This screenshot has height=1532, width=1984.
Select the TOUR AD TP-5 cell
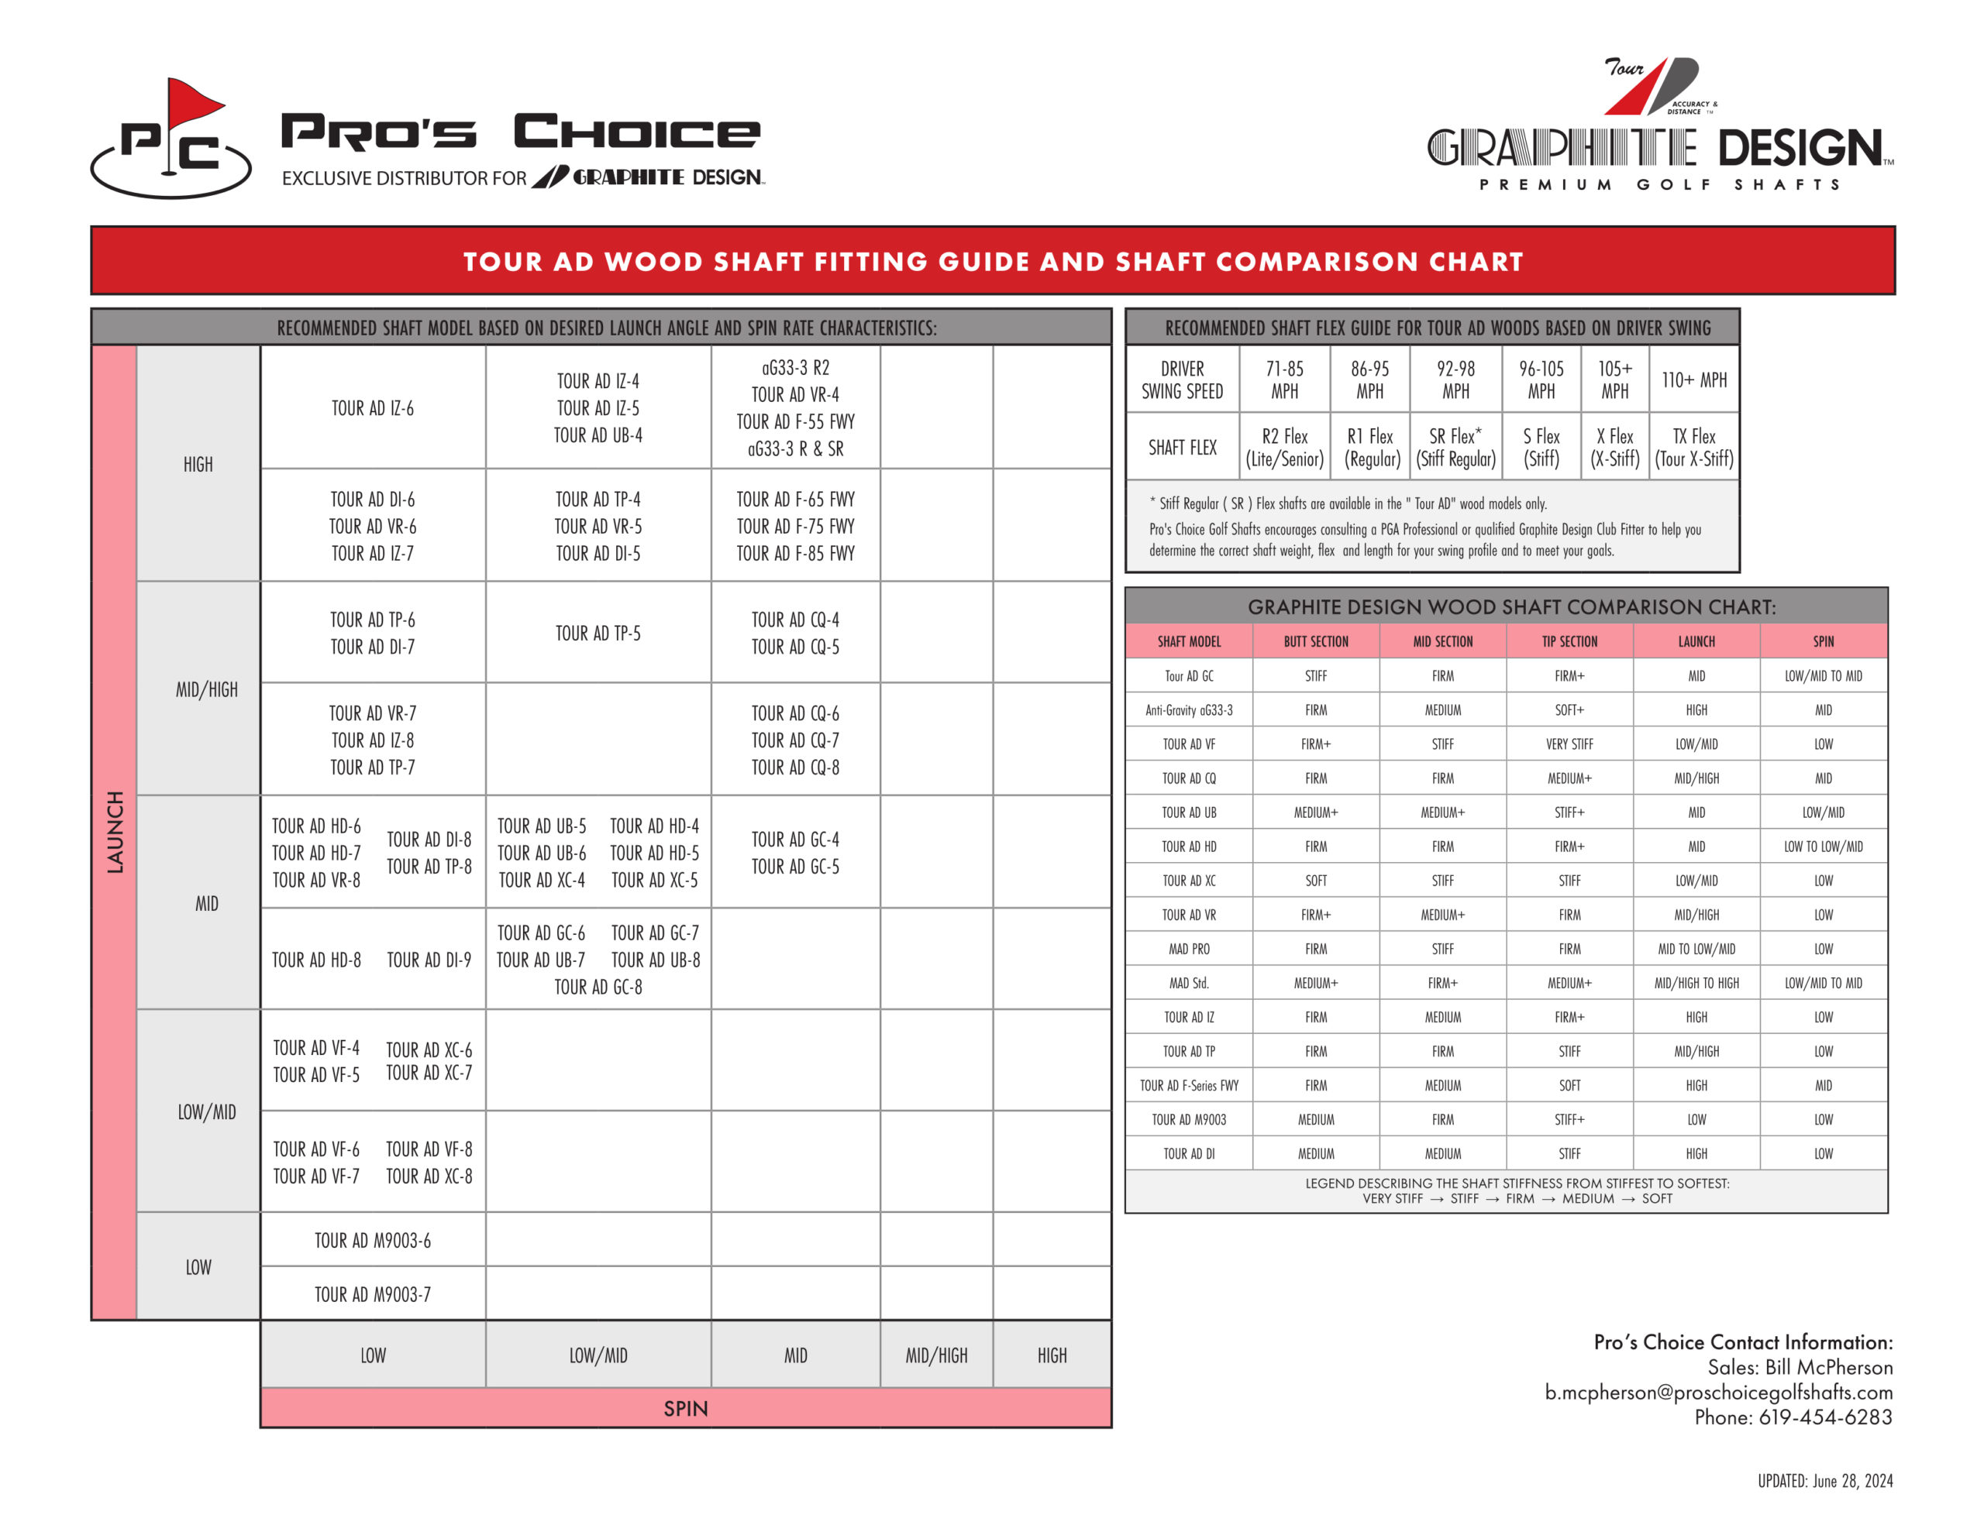(x=598, y=634)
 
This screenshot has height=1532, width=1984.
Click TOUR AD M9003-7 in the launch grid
(x=373, y=1294)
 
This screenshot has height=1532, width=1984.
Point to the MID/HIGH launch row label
(x=206, y=690)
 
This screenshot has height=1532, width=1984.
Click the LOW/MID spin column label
(x=598, y=1355)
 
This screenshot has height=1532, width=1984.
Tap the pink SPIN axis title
(x=685, y=1409)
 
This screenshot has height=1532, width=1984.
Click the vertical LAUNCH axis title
(x=115, y=832)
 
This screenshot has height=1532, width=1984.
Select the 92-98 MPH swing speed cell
(x=1455, y=380)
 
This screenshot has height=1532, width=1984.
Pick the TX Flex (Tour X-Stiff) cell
(x=1694, y=447)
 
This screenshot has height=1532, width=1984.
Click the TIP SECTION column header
(x=1569, y=641)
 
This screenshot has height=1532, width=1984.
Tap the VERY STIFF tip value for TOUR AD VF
(x=1569, y=744)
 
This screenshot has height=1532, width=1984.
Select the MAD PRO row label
(x=1188, y=949)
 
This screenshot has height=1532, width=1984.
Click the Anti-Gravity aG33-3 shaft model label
(x=1188, y=710)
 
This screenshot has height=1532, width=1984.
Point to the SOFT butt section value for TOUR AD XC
(x=1315, y=881)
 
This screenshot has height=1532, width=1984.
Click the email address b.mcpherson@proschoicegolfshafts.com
(x=1719, y=1392)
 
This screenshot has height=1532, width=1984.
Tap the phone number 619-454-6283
(x=1825, y=1417)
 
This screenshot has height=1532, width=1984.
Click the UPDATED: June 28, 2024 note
(x=1824, y=1481)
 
